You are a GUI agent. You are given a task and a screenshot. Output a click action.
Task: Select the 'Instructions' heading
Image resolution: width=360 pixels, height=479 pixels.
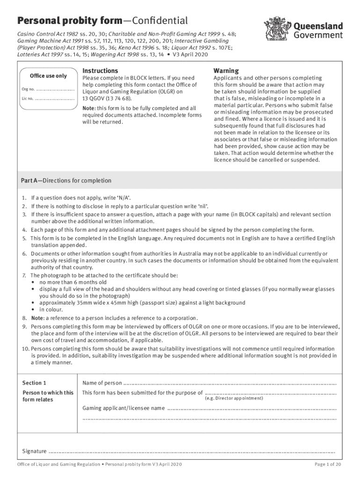coord(100,71)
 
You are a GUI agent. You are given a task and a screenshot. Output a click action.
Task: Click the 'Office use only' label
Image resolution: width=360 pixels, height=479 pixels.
coord(48,76)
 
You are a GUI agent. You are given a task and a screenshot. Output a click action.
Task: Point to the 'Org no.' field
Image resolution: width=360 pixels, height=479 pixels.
coord(55,89)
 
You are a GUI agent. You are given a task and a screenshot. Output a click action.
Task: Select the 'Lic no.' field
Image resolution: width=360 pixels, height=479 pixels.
coord(55,99)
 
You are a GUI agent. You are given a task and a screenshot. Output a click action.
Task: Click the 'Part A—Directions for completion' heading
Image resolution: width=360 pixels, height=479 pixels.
coord(66,181)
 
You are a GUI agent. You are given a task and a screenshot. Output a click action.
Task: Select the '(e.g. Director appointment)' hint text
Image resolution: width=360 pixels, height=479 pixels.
coord(234,399)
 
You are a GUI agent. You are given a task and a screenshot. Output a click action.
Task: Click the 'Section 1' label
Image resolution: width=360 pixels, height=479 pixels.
coord(35,383)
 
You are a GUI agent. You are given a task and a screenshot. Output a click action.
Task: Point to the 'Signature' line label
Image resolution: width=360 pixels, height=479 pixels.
coord(35,451)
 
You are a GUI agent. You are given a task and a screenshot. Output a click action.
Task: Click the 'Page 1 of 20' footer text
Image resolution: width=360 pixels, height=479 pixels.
coord(328,464)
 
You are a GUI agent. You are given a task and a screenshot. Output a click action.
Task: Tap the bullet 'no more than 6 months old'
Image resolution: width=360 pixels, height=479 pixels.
coord(73,283)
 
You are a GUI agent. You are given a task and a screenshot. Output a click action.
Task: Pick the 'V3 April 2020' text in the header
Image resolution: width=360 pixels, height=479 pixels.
coord(192,54)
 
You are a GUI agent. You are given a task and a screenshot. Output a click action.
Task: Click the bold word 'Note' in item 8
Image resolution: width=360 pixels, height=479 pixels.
coord(37,318)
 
